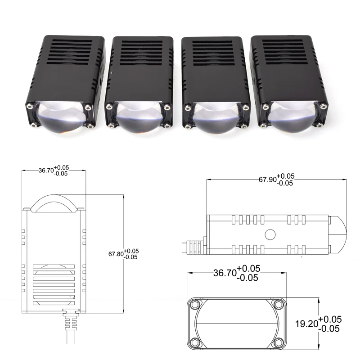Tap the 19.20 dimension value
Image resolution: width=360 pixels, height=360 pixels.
click(306, 323)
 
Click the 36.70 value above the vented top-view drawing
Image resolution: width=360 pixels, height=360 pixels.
click(45, 171)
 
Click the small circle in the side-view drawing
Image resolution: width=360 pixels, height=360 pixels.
click(270, 234)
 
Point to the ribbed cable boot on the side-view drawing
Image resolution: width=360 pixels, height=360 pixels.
click(195, 247)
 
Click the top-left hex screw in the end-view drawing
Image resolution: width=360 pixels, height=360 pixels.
click(195, 305)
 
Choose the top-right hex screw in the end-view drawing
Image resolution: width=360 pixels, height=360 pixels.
click(279, 305)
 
